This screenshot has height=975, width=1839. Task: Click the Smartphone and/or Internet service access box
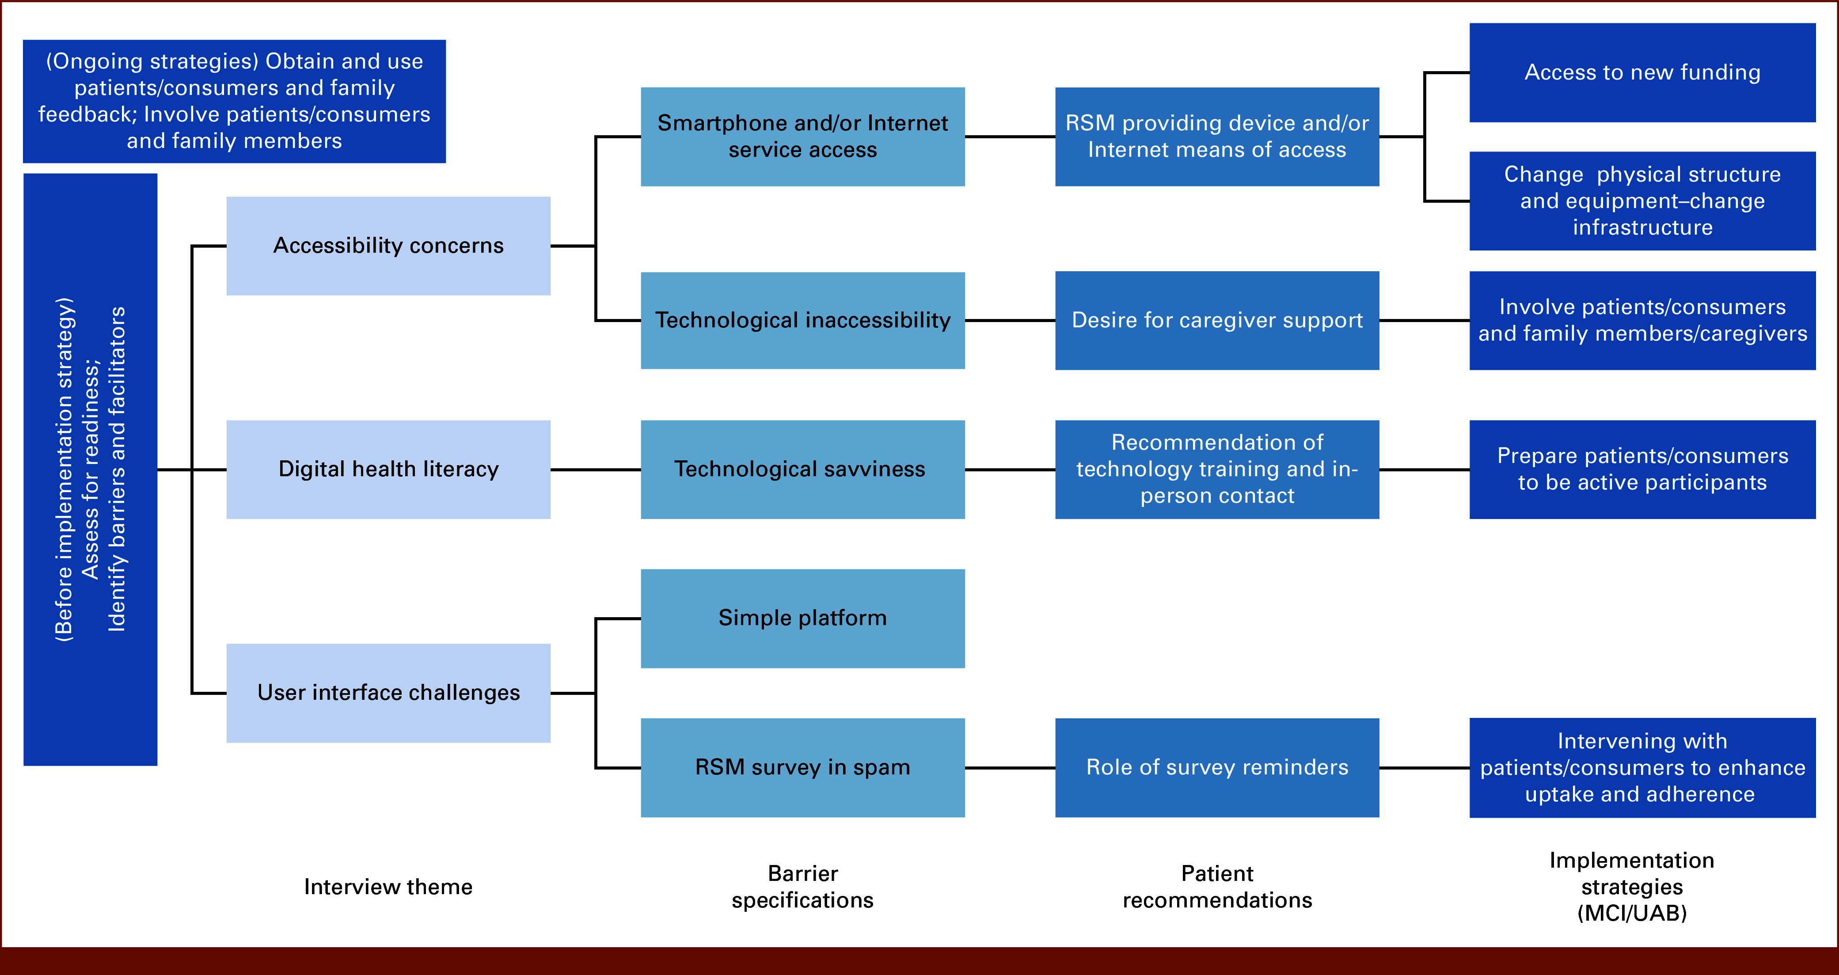(802, 137)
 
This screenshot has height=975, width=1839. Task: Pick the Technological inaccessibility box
(802, 320)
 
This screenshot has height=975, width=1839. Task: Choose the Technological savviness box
(802, 469)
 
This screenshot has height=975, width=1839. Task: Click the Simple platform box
(802, 618)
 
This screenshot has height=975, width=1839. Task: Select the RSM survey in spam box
(802, 767)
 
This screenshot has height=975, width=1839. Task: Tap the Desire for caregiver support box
(1216, 320)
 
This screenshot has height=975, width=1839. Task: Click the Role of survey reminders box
(1216, 767)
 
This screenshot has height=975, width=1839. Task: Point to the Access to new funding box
(1642, 72)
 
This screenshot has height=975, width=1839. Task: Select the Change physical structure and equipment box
(1642, 201)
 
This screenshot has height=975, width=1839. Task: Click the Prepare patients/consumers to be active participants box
(1642, 469)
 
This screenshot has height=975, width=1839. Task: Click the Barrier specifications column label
(802, 887)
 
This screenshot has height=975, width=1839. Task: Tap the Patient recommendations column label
(1216, 887)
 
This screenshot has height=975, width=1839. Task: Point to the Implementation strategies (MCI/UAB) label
(1632, 887)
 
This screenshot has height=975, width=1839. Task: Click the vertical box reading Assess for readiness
(90, 469)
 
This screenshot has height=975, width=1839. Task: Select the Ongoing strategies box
(234, 101)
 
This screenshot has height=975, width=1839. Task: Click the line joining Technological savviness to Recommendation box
(1010, 470)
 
